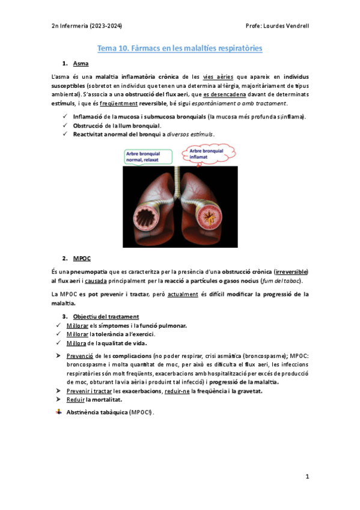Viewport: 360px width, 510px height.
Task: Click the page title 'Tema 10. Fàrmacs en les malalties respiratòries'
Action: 180,48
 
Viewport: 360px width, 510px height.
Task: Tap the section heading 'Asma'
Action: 80,63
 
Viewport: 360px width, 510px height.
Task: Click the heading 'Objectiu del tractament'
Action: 106,316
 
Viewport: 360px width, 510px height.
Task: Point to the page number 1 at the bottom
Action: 307,477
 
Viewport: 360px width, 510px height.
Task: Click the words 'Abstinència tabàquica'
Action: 96,413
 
